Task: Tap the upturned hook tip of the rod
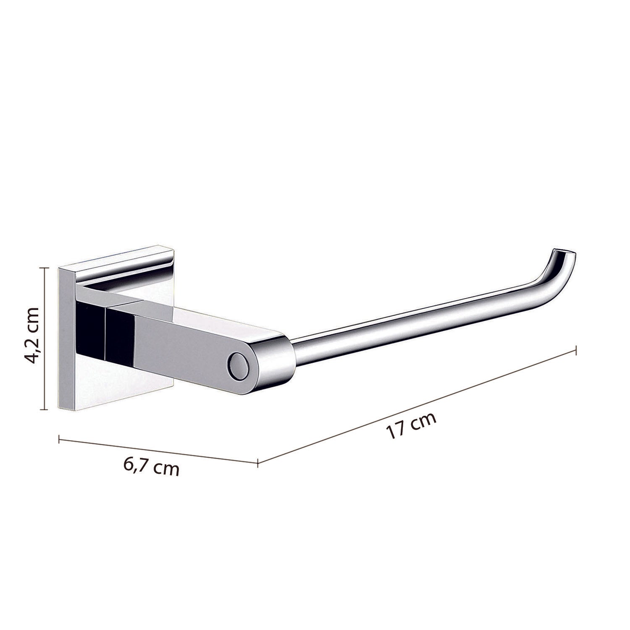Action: coord(563,257)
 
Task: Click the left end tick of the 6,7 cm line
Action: coord(59,439)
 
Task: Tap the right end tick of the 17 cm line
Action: coord(575,350)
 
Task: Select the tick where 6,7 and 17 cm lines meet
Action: coord(257,463)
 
